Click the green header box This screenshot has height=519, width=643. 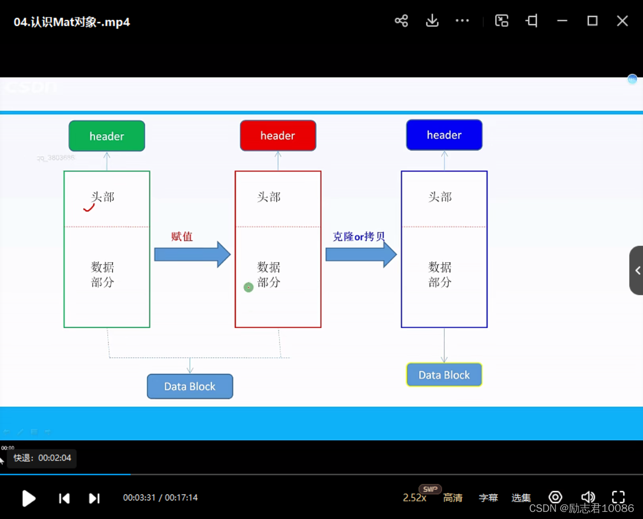(107, 136)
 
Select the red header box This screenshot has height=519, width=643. (278, 135)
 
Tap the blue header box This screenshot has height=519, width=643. (444, 135)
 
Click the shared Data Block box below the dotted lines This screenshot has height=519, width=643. (190, 387)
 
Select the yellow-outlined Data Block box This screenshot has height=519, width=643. (444, 375)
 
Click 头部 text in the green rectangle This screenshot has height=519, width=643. (103, 197)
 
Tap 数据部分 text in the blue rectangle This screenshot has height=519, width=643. (440, 274)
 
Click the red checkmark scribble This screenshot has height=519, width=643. (89, 207)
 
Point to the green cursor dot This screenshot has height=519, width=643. (248, 287)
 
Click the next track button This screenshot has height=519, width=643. (94, 498)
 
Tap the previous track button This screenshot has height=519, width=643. (64, 498)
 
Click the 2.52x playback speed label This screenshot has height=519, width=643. (414, 498)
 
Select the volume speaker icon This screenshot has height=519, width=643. (588, 497)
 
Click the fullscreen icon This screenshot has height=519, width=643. (618, 497)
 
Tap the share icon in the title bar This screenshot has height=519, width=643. (401, 21)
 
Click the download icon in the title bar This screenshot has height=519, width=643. (432, 21)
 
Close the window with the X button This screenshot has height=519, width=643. (622, 21)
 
